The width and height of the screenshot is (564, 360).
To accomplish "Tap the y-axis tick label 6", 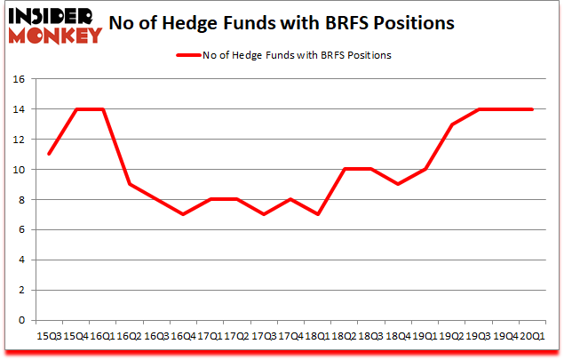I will coord(20,230).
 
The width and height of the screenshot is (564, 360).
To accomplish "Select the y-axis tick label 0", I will coord(20,321).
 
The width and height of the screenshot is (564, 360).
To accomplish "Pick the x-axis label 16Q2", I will coord(130,336).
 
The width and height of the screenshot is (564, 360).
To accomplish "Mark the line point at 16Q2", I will coord(130,185).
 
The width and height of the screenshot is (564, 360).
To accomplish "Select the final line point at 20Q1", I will coord(531,109).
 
